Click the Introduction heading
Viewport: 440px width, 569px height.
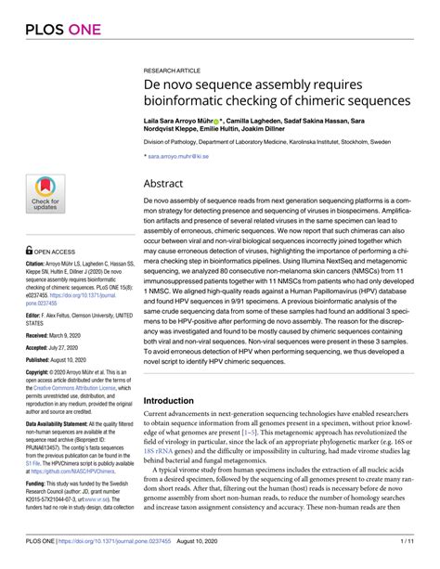pos(175,401)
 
